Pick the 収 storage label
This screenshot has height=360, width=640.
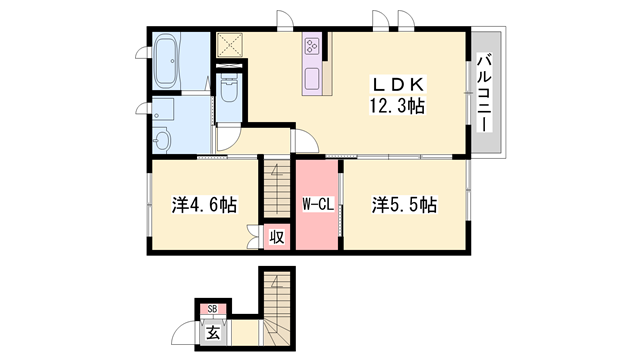pos(276,238)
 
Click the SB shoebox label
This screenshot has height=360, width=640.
pos(212,309)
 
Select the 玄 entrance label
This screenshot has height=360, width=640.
pos(213,334)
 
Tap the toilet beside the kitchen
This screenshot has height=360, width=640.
pos(229,96)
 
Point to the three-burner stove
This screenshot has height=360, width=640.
pos(311,46)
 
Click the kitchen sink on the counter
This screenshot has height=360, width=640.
pos(311,78)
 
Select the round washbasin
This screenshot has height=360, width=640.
pos(163,138)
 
